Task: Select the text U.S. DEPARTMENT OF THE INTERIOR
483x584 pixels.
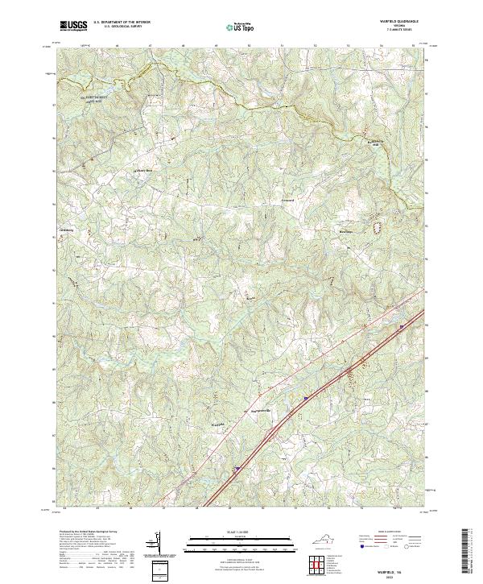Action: [127, 23]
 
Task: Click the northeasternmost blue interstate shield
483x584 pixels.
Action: [400, 326]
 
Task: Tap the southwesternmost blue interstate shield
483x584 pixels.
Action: [237, 467]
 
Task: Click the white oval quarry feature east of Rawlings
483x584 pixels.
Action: [376, 227]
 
